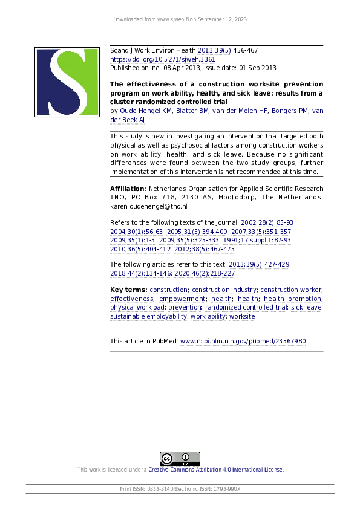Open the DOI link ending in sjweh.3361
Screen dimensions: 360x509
162,60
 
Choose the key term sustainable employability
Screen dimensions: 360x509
148,316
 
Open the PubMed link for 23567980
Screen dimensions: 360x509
243,341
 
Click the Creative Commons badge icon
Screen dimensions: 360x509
180,459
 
